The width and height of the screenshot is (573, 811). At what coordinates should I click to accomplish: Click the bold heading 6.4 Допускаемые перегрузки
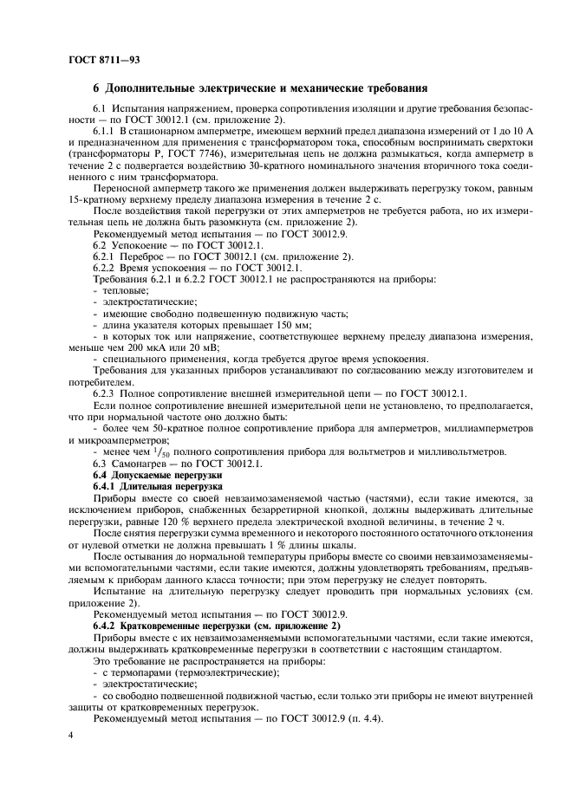click(x=157, y=475)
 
